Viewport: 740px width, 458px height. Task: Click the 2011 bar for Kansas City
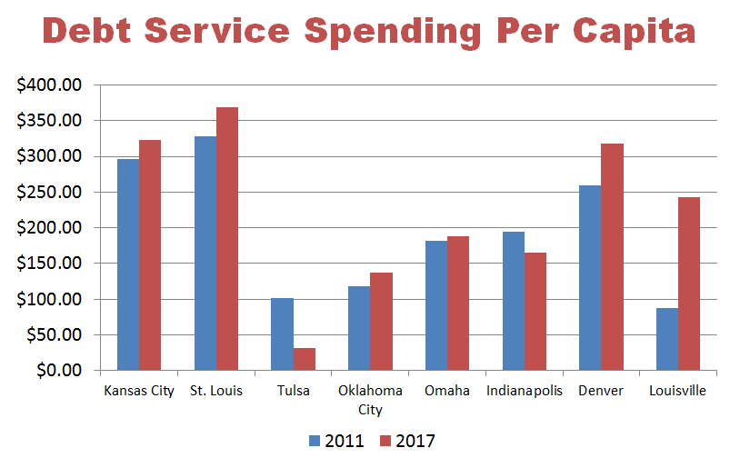(128, 264)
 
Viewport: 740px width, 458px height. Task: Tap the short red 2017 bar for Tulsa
(305, 359)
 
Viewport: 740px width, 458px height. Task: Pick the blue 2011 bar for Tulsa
(282, 334)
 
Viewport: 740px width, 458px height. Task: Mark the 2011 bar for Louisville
(666, 339)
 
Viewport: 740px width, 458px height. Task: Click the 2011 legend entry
(337, 442)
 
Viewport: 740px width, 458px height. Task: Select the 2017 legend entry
(407, 442)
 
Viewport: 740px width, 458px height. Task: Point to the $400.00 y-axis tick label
(50, 85)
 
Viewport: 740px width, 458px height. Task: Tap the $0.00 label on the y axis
(56, 371)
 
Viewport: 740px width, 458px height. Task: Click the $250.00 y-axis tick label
(50, 193)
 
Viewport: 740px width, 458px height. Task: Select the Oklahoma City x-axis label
(370, 400)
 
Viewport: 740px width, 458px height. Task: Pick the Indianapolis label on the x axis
(525, 392)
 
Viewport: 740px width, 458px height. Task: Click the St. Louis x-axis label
(216, 392)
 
